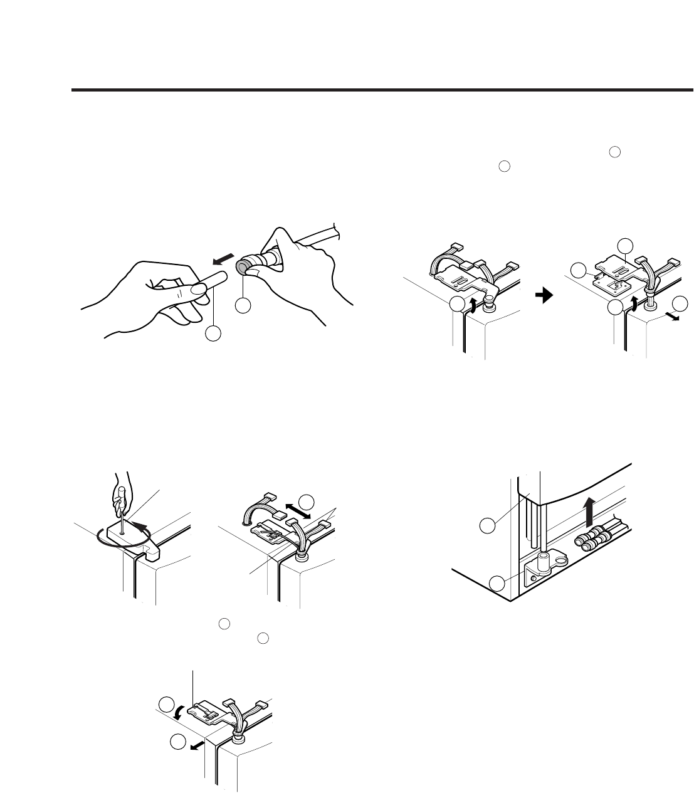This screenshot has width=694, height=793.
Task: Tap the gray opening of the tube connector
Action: [x=241, y=268]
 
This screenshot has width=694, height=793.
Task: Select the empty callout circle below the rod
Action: [x=213, y=333]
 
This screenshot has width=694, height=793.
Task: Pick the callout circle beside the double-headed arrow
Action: [x=306, y=502]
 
